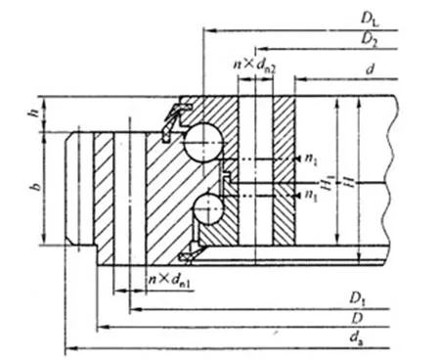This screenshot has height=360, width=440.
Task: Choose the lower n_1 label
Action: [x=311, y=196]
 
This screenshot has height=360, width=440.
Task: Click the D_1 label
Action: [x=359, y=297]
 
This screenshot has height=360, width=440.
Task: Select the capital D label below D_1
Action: [x=359, y=318]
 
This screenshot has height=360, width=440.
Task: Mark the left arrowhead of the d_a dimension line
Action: [x=67, y=348]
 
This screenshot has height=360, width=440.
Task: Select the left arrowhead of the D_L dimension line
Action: [x=205, y=30]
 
